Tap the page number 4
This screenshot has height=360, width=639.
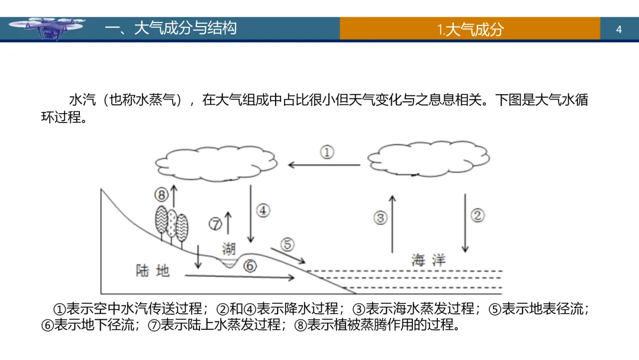pyautogui.click(x=619, y=29)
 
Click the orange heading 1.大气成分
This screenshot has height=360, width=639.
pyautogui.click(x=470, y=29)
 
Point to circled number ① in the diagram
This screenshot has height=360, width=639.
pyautogui.click(x=327, y=152)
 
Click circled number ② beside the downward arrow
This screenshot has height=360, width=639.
pyautogui.click(x=477, y=215)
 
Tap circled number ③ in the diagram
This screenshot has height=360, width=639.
pyautogui.click(x=380, y=217)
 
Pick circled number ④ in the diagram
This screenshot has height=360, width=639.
pyautogui.click(x=263, y=210)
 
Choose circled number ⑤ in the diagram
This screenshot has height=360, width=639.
pyautogui.click(x=287, y=243)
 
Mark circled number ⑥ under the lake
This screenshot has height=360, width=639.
pyautogui.click(x=250, y=266)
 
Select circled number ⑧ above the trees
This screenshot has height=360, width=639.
pyautogui.click(x=162, y=194)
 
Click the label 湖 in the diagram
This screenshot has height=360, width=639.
pyautogui.click(x=229, y=247)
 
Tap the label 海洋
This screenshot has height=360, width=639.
pyautogui.click(x=428, y=259)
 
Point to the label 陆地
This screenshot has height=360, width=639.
pyautogui.click(x=153, y=271)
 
